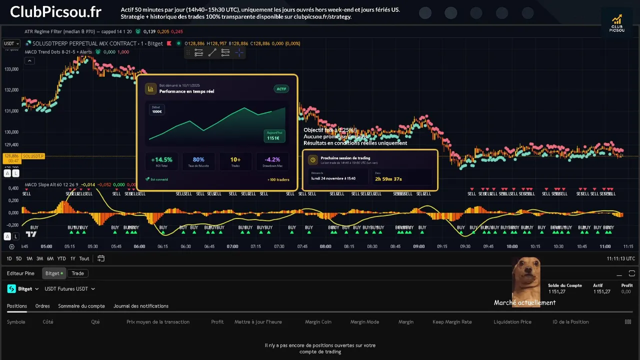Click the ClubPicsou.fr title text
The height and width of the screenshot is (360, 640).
(x=55, y=12)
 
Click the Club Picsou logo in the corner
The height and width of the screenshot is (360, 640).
(x=617, y=23)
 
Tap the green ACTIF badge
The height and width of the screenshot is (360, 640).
(x=281, y=89)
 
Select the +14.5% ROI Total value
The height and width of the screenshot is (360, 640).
(x=161, y=160)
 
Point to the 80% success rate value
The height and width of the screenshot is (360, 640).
(x=198, y=160)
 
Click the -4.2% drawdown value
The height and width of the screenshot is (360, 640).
(x=272, y=160)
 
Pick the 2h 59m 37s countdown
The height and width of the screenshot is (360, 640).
(x=388, y=179)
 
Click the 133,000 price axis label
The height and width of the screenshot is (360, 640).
(x=11, y=69)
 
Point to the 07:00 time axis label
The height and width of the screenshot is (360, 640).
(x=232, y=246)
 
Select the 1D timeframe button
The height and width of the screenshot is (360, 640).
(x=9, y=258)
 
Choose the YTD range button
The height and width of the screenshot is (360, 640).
(x=61, y=258)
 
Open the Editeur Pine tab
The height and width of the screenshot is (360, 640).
(x=20, y=273)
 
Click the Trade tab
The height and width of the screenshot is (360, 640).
(x=77, y=273)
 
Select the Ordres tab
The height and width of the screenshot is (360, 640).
(x=42, y=306)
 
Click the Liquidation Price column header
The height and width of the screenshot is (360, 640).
(x=512, y=322)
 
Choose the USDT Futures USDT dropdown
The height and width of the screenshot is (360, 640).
(x=69, y=289)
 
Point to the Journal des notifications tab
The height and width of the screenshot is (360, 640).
(x=141, y=306)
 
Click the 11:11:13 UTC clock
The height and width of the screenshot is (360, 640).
(x=621, y=258)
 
